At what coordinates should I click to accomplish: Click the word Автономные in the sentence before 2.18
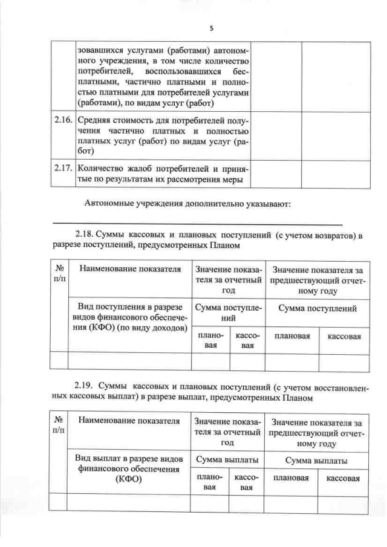click(111, 203)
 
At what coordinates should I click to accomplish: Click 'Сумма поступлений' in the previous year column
click(317, 308)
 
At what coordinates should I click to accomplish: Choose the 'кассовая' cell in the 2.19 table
click(343, 478)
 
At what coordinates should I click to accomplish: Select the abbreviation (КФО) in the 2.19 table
click(129, 479)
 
